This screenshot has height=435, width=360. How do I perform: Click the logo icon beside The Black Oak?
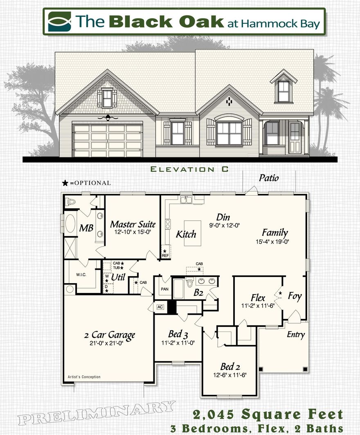(59, 22)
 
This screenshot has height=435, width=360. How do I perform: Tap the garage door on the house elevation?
(108, 140)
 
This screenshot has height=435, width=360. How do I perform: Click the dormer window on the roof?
(283, 91)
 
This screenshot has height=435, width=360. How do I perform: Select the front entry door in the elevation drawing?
(295, 137)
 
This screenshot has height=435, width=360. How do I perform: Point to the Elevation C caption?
(189, 169)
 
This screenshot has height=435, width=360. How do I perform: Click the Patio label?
(269, 178)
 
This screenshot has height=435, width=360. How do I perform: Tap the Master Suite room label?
(133, 224)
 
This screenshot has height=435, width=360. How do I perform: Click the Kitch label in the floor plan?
(186, 234)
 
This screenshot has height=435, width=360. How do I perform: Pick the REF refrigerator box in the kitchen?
(165, 253)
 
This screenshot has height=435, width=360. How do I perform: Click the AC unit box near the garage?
(160, 307)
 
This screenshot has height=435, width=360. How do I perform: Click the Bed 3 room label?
(178, 334)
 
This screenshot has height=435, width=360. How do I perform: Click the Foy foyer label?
(295, 296)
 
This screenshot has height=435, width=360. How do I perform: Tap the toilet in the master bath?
(71, 201)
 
